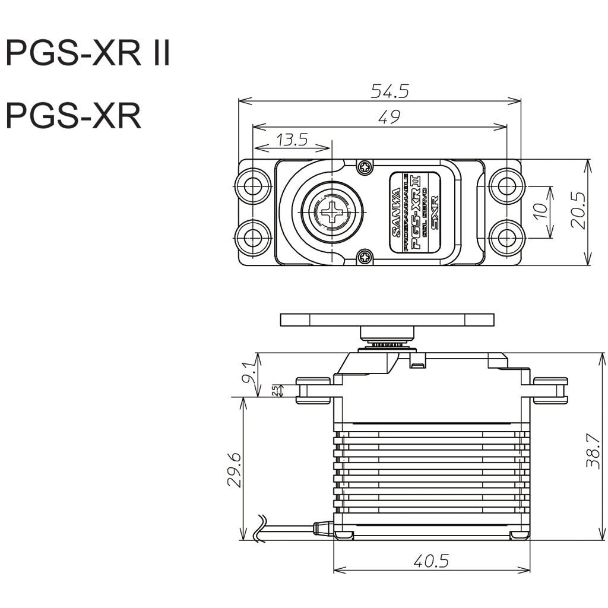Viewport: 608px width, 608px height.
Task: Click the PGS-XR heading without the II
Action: (74, 116)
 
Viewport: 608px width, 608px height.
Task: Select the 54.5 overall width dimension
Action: (389, 91)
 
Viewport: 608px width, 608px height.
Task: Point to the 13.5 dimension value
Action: (292, 140)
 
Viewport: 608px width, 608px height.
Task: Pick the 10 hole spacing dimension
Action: (541, 211)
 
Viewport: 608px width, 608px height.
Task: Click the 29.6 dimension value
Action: (233, 469)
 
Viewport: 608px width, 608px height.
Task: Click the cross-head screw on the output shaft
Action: (331, 212)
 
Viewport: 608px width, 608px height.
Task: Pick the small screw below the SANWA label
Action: (364, 257)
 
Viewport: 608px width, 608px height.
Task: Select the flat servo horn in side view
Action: (387, 319)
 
